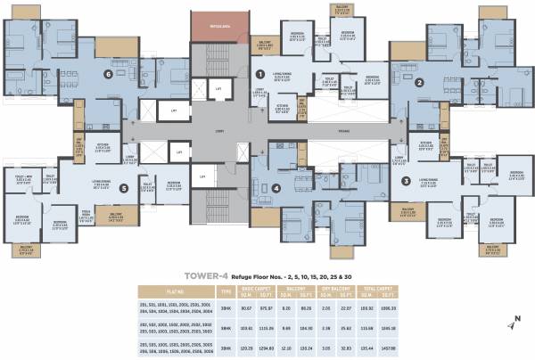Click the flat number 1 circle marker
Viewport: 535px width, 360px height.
coord(260,76)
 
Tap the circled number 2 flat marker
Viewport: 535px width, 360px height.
coord(419,83)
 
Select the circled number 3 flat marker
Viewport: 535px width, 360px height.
coord(406,181)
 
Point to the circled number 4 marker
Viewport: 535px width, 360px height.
coord(276,188)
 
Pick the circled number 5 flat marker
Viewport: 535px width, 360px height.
coord(123,188)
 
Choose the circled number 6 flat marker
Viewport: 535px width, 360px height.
coord(108,74)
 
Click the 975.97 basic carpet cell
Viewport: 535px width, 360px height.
coord(263,307)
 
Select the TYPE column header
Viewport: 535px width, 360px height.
coord(225,290)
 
